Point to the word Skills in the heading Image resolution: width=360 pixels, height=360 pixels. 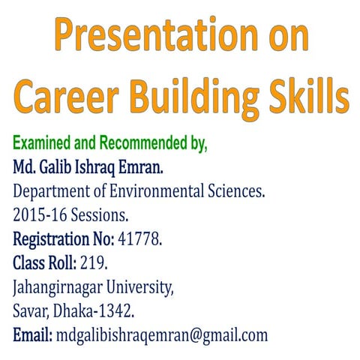(x=308, y=97)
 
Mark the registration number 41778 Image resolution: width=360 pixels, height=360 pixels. (x=139, y=239)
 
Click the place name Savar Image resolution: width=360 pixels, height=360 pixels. (x=31, y=311)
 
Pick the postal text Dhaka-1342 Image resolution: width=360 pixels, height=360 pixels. (x=94, y=311)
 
